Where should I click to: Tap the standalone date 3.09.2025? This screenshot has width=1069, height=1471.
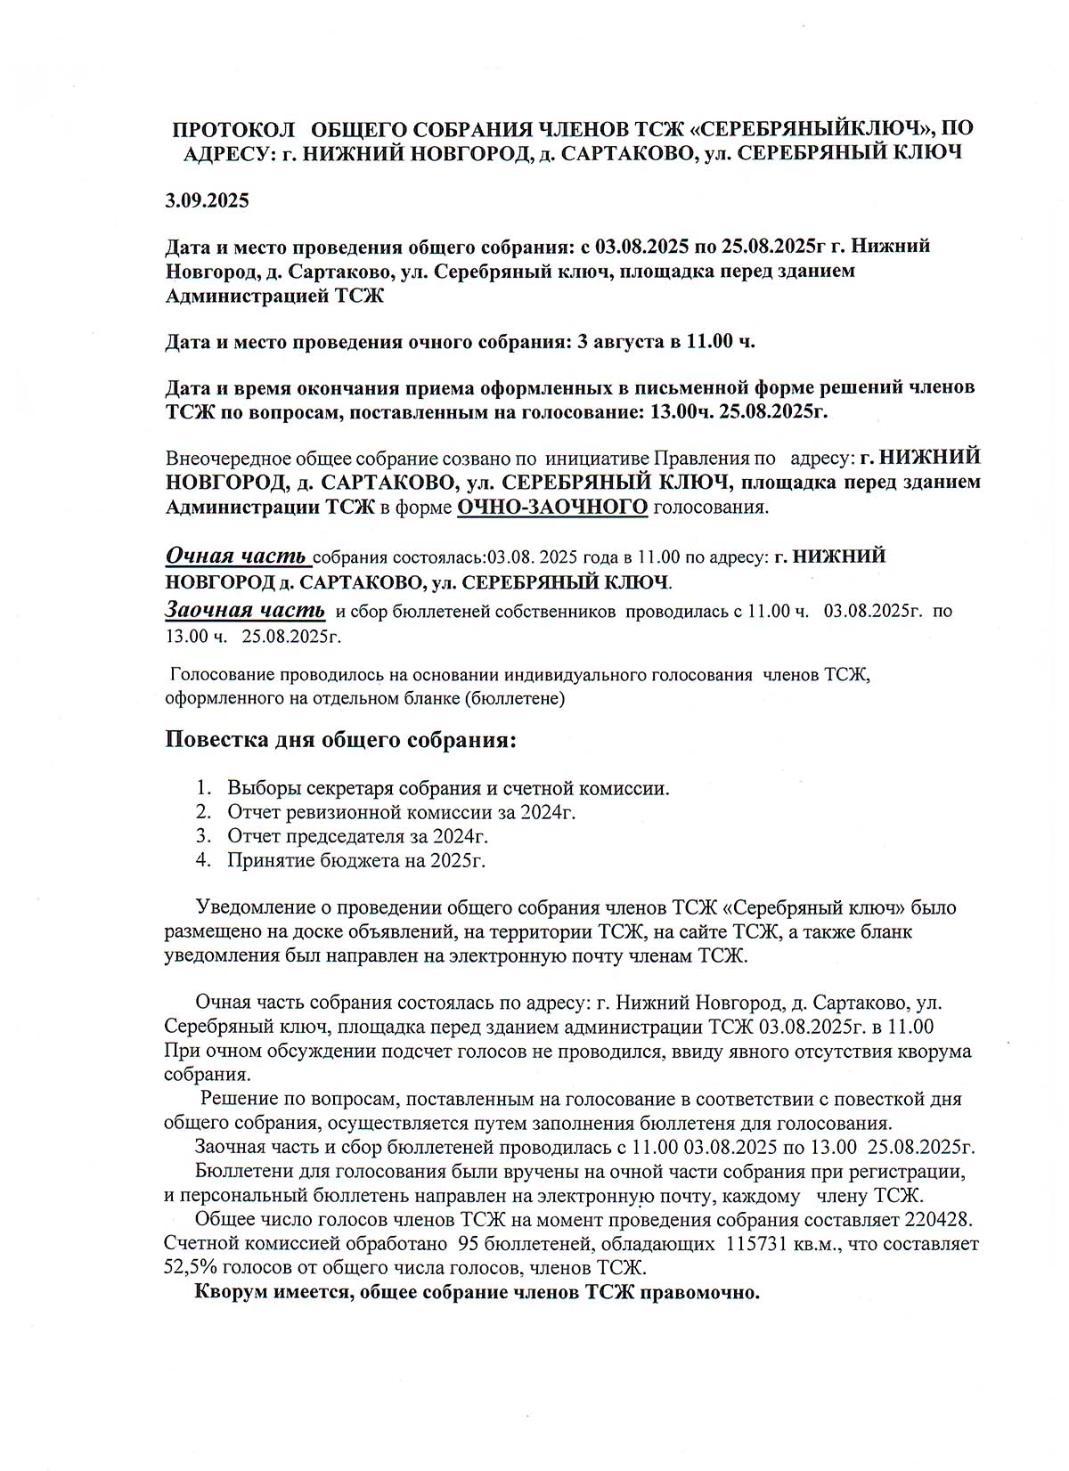pos(207,200)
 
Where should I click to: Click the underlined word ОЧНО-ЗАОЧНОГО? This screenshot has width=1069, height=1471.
pos(552,508)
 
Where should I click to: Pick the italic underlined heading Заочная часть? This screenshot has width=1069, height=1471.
pos(245,611)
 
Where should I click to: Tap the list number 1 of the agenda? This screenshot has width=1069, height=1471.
pos(203,788)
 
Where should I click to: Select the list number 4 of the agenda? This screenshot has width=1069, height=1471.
pos(203,860)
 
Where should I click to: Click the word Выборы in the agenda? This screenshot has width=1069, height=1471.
pos(264,788)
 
